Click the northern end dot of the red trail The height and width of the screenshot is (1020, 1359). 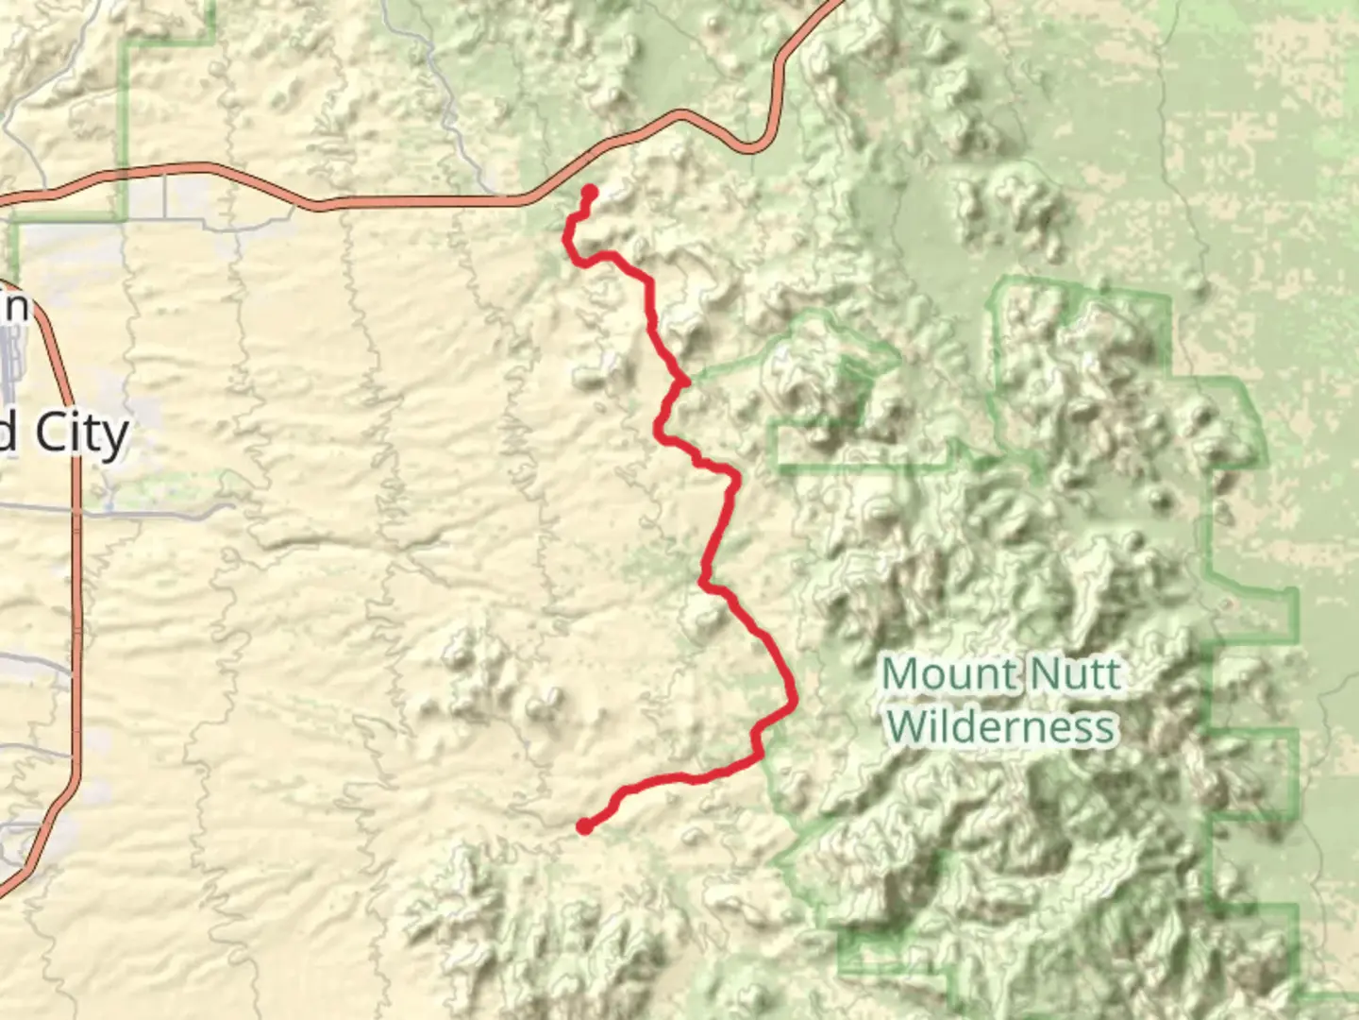click(x=590, y=193)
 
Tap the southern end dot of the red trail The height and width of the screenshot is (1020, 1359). click(x=585, y=827)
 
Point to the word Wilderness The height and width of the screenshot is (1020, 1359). click(x=1001, y=727)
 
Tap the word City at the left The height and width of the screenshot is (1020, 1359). click(x=82, y=435)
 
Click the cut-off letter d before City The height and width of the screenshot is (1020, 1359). click(x=8, y=435)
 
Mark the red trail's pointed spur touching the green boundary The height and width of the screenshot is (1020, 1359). click(x=686, y=382)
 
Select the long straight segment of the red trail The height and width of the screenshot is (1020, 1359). click(x=717, y=529)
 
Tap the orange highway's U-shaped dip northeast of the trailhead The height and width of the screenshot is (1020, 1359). click(x=750, y=147)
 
